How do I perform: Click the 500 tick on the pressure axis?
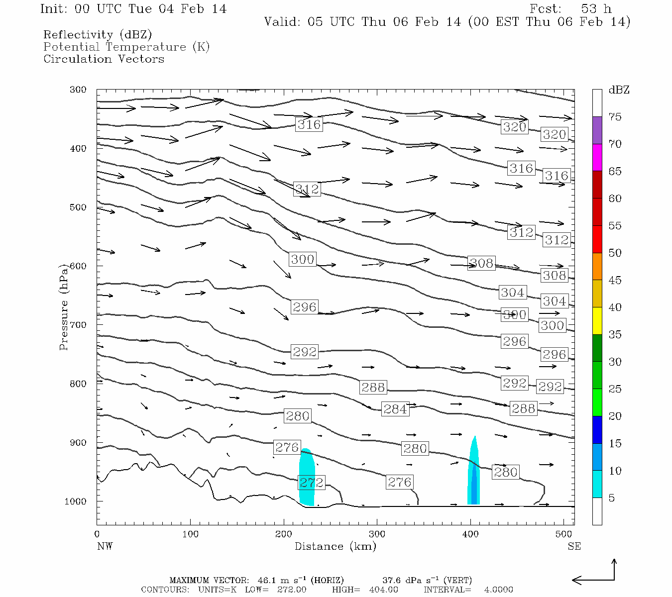tap(78, 207)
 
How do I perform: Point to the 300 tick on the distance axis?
tap(377, 534)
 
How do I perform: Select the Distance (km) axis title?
tap(335, 546)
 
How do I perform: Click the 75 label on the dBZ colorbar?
tap(615, 117)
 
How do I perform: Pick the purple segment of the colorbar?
tap(597, 130)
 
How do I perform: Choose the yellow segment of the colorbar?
tap(597, 321)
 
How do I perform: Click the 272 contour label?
tap(311, 482)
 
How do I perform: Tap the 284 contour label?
tap(395, 409)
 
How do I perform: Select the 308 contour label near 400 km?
tap(481, 263)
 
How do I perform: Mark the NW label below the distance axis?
tap(105, 546)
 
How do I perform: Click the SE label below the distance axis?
tap(574, 546)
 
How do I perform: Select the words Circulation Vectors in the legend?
tap(104, 59)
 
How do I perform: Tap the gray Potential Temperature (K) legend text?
tap(126, 47)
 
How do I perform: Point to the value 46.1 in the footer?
tap(266, 580)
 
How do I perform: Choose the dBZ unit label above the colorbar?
tap(619, 90)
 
